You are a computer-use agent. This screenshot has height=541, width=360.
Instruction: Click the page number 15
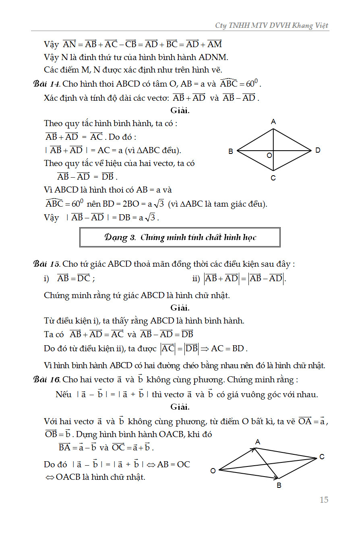[324, 500]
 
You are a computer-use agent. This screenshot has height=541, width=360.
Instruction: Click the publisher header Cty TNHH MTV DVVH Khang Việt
[272, 25]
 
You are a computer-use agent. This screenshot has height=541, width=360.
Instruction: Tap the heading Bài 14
[47, 84]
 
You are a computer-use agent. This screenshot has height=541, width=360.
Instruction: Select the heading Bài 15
[47, 264]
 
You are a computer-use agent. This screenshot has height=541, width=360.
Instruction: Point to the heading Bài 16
[47, 379]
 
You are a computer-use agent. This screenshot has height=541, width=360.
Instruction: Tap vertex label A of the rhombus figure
[273, 122]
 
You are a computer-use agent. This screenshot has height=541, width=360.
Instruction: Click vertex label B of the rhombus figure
[231, 151]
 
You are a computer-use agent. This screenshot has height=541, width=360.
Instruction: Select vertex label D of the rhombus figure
[318, 150]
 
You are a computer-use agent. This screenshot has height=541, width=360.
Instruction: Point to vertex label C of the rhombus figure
[273, 178]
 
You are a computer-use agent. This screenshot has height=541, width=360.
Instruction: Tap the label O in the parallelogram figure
[213, 471]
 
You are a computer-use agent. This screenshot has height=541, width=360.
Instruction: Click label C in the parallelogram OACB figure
[322, 457]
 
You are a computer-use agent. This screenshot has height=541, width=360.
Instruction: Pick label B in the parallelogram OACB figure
[279, 486]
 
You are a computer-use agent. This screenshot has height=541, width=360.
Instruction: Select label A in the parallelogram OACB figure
[258, 442]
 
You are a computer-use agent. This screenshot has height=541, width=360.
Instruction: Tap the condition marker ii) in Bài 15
[197, 278]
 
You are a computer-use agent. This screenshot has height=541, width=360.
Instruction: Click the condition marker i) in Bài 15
[47, 278]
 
